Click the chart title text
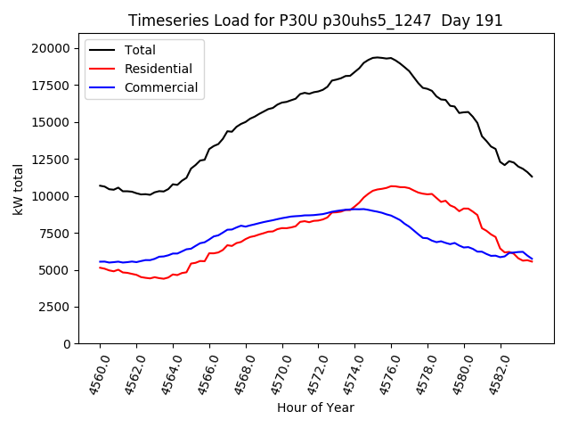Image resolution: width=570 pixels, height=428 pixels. click(315, 20)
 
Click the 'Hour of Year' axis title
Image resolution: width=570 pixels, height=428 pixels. click(315, 407)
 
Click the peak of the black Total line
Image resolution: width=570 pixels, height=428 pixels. click(377, 57)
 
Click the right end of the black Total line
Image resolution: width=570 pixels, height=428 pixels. click(533, 177)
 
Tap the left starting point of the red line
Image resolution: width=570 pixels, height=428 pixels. click(100, 267)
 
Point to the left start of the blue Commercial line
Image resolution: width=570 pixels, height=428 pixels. click(100, 261)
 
